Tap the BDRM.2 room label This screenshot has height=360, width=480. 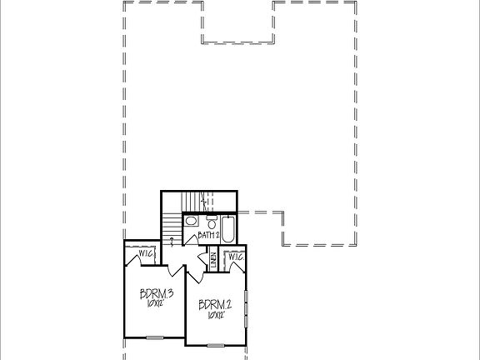point(214,304)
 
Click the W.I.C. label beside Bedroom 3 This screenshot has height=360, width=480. point(145,253)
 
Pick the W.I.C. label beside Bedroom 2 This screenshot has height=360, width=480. point(236,257)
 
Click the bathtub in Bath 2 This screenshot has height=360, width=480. point(228,224)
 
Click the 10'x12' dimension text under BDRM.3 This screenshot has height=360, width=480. point(155,304)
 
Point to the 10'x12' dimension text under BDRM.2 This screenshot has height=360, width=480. point(214,316)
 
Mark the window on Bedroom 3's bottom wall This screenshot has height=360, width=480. point(153,337)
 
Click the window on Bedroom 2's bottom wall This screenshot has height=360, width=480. point(216,344)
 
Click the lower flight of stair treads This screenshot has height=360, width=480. point(172,225)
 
